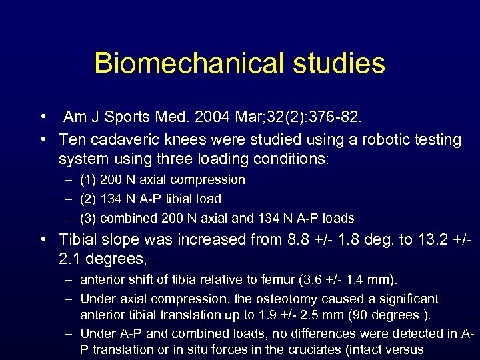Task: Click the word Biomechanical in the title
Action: pos(183,63)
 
